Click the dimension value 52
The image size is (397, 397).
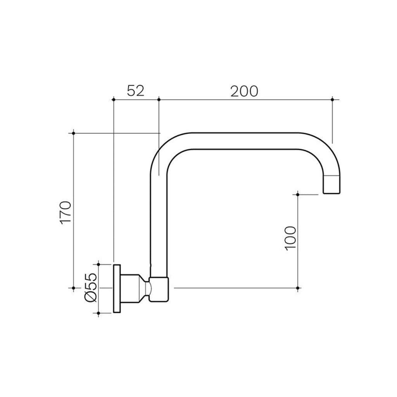pyautogui.click(x=135, y=91)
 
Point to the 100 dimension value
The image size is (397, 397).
pyautogui.click(x=291, y=238)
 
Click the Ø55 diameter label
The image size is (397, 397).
pyautogui.click(x=90, y=287)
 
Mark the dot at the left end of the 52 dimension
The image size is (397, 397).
pyautogui.click(x=114, y=100)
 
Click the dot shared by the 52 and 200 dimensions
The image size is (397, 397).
pyautogui.click(x=159, y=100)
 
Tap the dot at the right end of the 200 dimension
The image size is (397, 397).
pyautogui.click(x=333, y=100)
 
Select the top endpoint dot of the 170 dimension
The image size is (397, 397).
pyautogui.click(x=74, y=133)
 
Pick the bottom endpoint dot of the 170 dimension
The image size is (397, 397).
pyautogui.click(x=74, y=288)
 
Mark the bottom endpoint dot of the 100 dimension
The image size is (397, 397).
pyautogui.click(x=297, y=288)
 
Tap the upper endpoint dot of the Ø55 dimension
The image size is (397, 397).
pyautogui.click(x=99, y=264)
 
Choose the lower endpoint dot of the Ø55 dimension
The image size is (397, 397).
pyautogui.click(x=99, y=312)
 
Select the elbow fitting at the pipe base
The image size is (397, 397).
pyautogui.click(x=159, y=289)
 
